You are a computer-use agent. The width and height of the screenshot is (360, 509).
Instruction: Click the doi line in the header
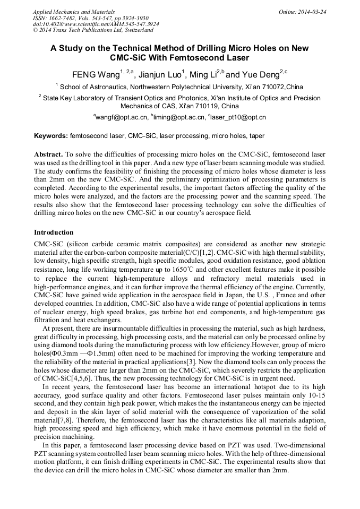(x=96, y=24)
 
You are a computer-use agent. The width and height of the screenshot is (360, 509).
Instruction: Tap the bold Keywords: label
(x=51, y=136)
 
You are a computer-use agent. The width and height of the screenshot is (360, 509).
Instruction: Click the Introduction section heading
(x=54, y=232)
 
